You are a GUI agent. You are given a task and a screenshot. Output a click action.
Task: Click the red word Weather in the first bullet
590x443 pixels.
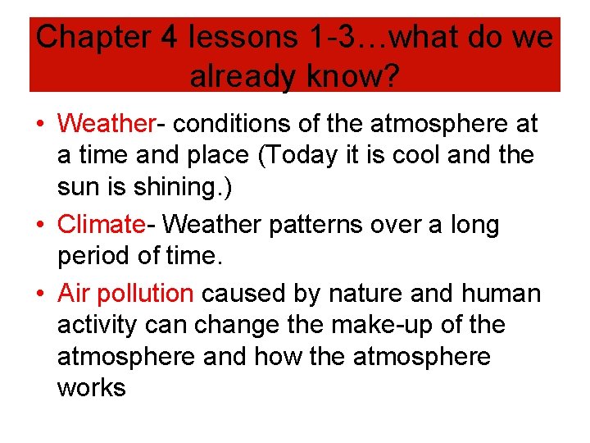106,124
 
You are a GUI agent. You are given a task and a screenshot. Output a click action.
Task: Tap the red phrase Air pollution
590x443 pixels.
125,293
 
